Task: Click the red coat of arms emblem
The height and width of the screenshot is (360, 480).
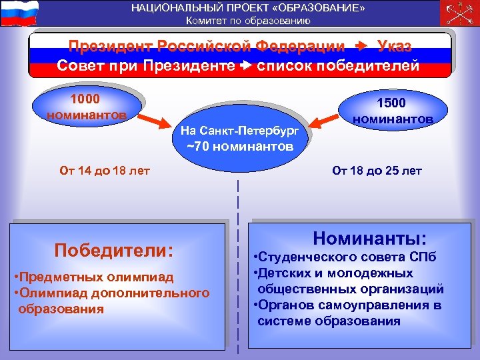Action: [459, 13]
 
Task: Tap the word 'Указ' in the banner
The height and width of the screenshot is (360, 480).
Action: [394, 46]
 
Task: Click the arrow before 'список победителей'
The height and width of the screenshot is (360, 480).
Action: [247, 66]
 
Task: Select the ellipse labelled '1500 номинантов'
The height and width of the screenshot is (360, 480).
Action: [393, 111]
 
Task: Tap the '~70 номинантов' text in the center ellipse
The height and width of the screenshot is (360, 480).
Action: [239, 147]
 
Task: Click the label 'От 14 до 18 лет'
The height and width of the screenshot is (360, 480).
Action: [105, 170]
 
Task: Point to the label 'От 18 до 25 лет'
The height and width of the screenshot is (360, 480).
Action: [377, 170]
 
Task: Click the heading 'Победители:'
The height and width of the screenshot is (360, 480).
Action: [114, 250]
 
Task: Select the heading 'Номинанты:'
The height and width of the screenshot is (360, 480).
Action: [370, 237]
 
